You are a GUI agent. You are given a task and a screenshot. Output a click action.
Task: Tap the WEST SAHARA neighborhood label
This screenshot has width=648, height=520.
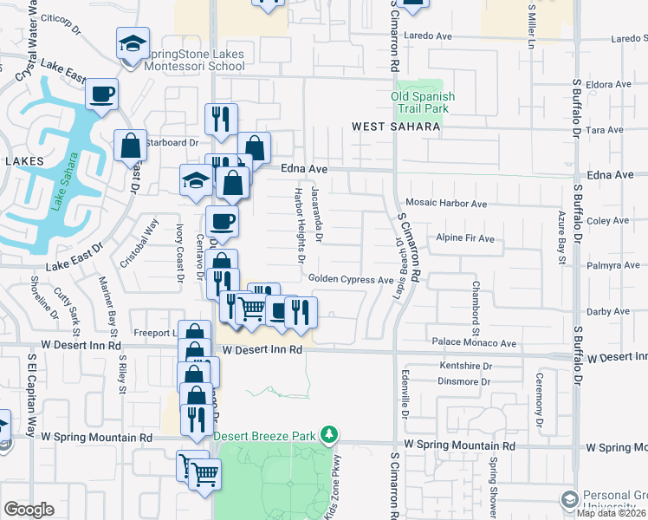click(396, 127)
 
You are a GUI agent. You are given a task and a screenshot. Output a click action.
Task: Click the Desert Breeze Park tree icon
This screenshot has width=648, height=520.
click(328, 433)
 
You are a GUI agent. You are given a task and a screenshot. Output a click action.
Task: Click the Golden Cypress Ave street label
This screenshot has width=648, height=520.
click(351, 280)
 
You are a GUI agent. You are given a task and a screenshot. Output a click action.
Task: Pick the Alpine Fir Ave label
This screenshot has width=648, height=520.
click(465, 238)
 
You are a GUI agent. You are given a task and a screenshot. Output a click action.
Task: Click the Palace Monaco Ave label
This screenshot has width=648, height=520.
click(475, 343)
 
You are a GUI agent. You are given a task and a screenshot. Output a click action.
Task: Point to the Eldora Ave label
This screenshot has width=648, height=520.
click(609, 85)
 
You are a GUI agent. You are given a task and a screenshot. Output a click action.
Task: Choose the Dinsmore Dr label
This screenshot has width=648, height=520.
click(464, 381)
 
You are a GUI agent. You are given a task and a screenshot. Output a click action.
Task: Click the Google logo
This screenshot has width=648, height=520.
click(29, 510)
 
